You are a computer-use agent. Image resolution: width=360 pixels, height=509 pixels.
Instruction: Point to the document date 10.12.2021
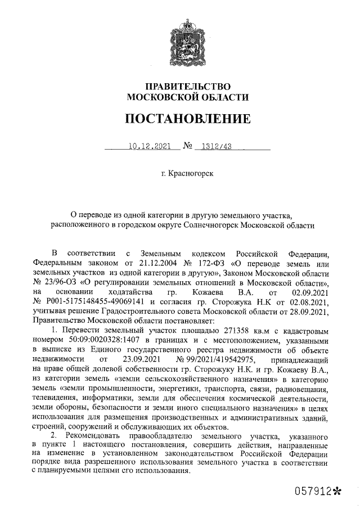click(149, 148)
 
